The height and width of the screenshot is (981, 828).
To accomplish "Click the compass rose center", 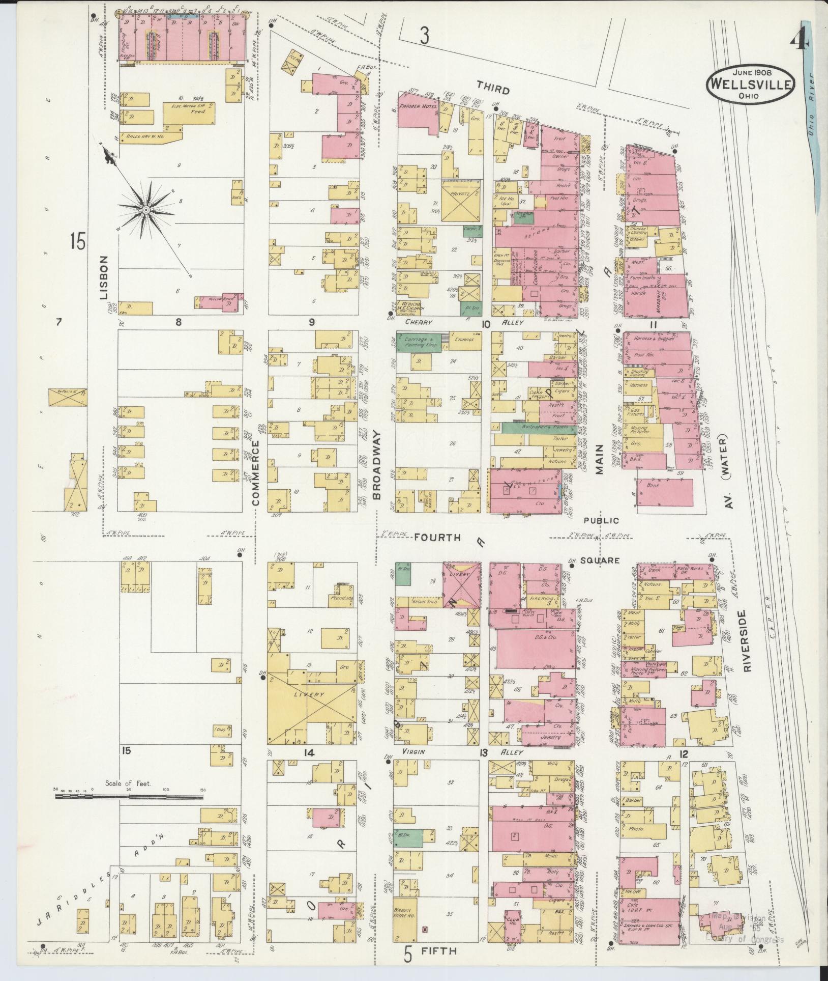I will click(145, 210).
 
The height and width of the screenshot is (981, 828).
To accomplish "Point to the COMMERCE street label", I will click(256, 473).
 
